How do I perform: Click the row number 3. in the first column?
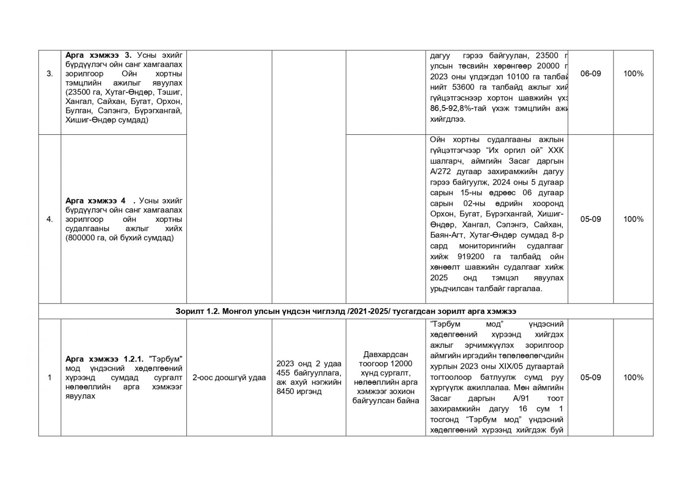(x=49, y=74)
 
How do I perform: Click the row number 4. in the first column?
(x=49, y=219)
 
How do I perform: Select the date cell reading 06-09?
(x=590, y=74)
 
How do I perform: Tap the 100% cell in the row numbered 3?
(x=633, y=74)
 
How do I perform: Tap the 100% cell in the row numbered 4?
(x=633, y=219)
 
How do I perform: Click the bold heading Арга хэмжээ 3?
(x=98, y=55)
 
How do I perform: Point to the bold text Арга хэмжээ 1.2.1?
(x=105, y=359)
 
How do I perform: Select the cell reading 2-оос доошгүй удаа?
(x=229, y=377)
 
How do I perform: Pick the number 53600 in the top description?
(x=462, y=87)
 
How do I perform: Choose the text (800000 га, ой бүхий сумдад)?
(x=120, y=238)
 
